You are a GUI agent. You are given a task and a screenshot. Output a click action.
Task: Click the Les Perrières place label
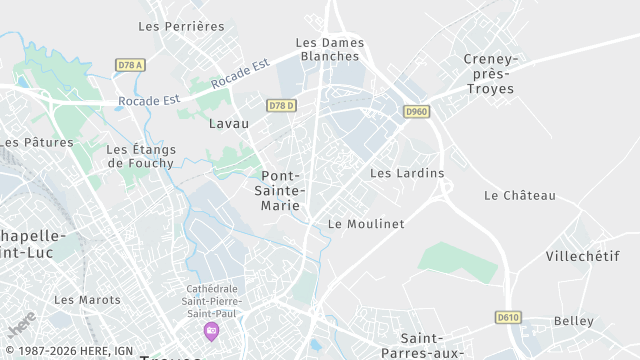pyautogui.click(x=181, y=26)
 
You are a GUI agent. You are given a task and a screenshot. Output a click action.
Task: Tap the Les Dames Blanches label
pyautogui.click(x=330, y=50)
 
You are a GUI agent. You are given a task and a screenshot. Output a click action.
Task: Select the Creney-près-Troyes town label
pyautogui.click(x=489, y=74)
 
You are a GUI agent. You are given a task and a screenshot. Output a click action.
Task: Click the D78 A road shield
pyautogui.click(x=131, y=65)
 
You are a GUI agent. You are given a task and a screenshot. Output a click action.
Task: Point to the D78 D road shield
pyautogui.click(x=282, y=105)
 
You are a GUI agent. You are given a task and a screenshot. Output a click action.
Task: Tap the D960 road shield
pyautogui.click(x=417, y=112)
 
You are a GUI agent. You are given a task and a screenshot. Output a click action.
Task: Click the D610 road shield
pyautogui.click(x=508, y=317)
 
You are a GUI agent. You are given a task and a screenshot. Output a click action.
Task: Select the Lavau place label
pyautogui.click(x=229, y=124)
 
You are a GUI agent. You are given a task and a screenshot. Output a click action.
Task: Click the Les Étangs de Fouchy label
pyautogui.click(x=140, y=156)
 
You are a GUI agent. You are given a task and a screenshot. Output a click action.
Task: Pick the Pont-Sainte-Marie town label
pyautogui.click(x=282, y=191)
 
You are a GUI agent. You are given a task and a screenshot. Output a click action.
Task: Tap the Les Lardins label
pyautogui.click(x=407, y=173)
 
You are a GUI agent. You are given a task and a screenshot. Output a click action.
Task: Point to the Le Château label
pyautogui.click(x=519, y=196)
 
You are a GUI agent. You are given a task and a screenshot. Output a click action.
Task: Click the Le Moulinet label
pyautogui.click(x=366, y=224)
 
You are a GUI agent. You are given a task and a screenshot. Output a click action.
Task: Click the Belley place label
pyautogui.click(x=573, y=321)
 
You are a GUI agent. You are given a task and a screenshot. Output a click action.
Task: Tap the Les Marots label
pyautogui.click(x=87, y=300)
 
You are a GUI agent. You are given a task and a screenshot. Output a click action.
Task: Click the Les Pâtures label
pyautogui.click(x=36, y=143)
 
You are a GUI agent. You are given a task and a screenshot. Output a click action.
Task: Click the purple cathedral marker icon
pyautogui.click(x=211, y=330)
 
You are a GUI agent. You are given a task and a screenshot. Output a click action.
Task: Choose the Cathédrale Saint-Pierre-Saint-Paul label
pyautogui.click(x=211, y=298)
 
